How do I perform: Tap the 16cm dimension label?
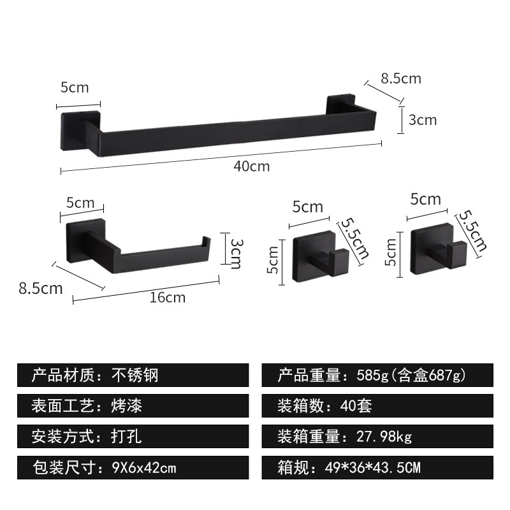tap(168, 296)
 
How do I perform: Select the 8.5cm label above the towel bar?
tap(401, 78)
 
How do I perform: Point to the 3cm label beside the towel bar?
tap(423, 119)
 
